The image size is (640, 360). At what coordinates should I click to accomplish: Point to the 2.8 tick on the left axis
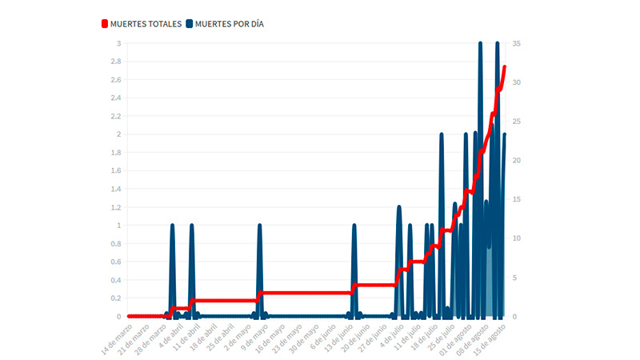coord(117,62)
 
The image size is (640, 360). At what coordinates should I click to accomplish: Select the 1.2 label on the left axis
coord(117,207)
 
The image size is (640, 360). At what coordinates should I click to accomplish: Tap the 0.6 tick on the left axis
coord(117,262)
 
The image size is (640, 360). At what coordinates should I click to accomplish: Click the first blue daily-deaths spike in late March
coord(172,226)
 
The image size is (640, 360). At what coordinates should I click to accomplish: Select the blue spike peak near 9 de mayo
coord(259,226)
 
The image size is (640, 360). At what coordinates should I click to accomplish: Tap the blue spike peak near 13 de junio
coord(354,226)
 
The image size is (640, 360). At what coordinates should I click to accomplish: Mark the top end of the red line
coord(505,67)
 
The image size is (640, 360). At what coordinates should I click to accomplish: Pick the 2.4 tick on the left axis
coord(117,98)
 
